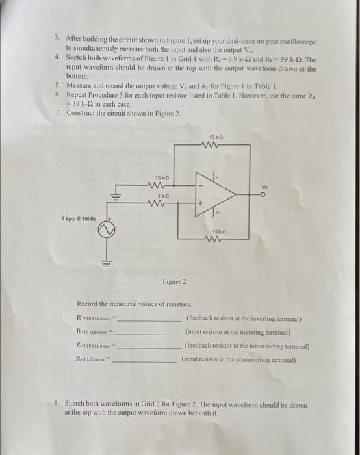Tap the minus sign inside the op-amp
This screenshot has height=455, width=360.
(201, 185)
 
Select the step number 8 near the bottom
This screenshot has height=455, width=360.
(57, 404)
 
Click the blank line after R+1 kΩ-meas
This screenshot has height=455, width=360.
(148, 361)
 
